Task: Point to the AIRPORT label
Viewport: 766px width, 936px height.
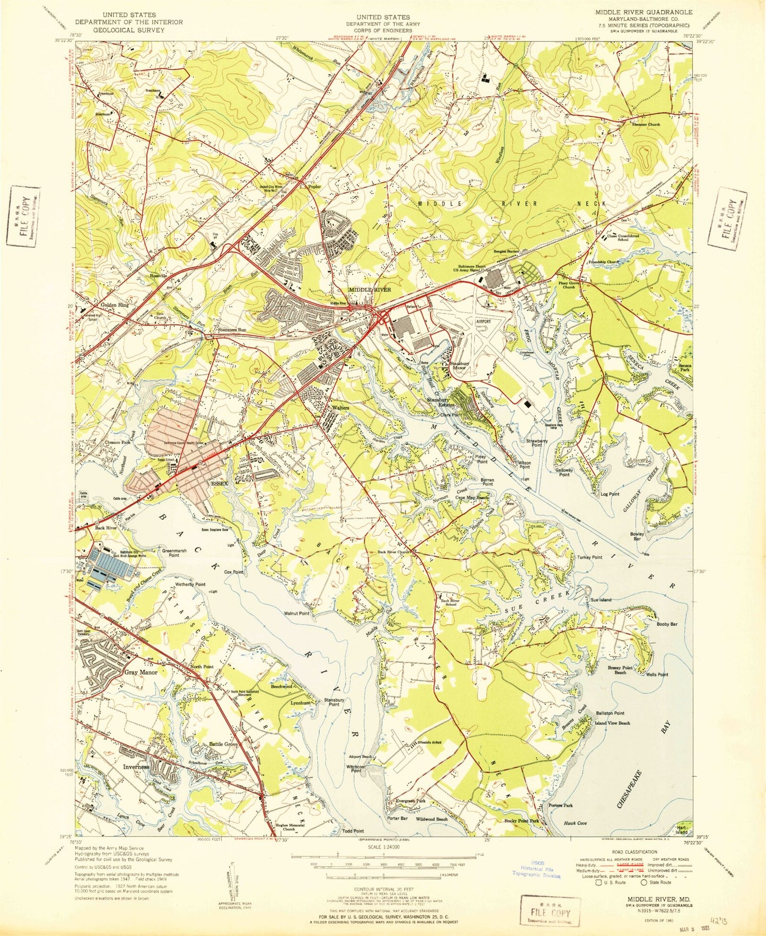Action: click(x=483, y=321)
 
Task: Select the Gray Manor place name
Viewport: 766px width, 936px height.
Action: click(x=141, y=672)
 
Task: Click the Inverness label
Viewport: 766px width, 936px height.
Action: click(x=136, y=767)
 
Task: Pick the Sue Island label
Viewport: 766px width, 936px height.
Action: click(x=601, y=600)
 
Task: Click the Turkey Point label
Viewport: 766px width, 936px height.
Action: click(x=590, y=557)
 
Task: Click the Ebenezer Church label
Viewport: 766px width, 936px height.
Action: click(x=646, y=124)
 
